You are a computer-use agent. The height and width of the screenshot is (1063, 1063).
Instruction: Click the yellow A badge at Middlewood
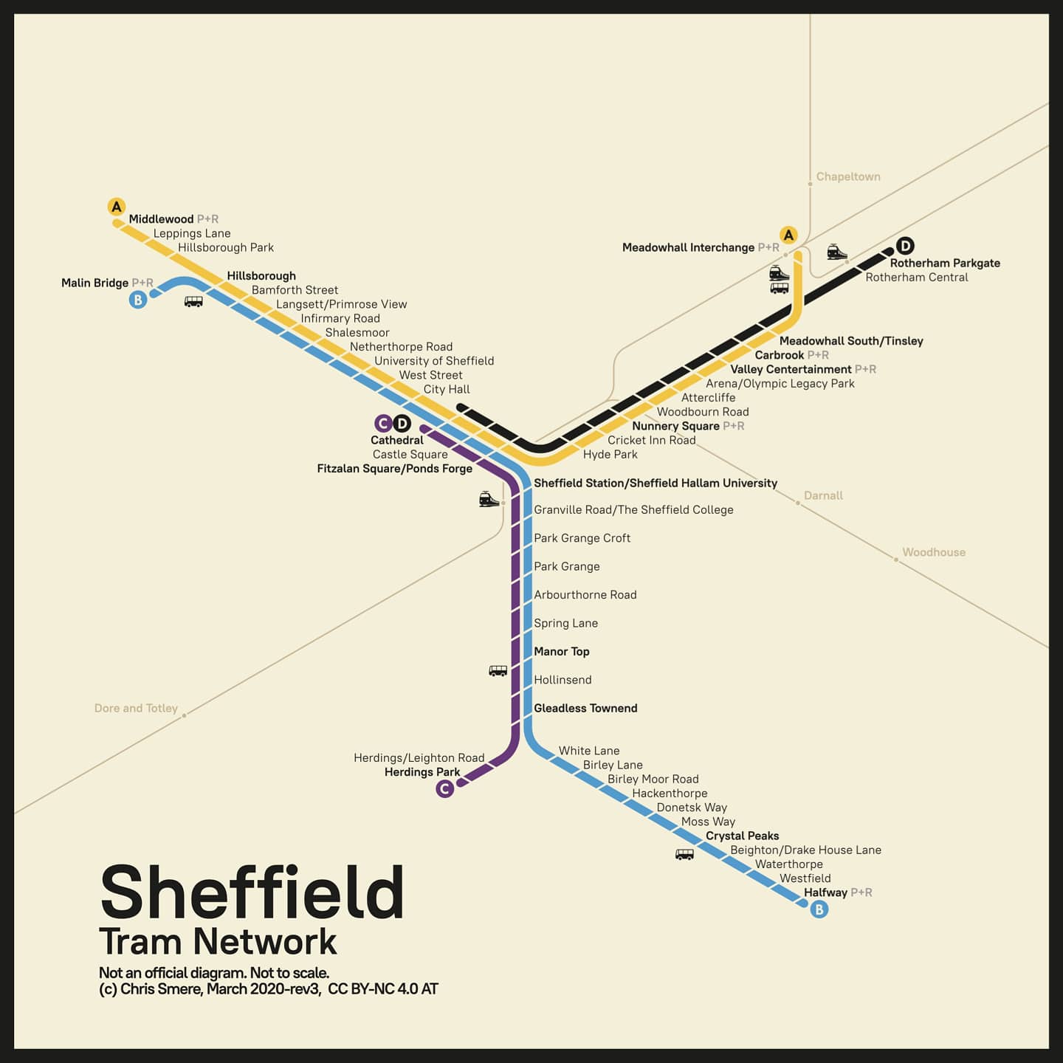pos(117,207)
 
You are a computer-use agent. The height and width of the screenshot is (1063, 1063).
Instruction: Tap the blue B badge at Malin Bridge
pos(138,300)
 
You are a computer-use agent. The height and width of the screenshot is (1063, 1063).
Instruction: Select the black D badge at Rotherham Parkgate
pos(905,246)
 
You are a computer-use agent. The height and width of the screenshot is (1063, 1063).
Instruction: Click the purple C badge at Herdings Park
pos(444,789)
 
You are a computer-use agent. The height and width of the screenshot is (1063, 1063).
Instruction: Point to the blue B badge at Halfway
pos(819,909)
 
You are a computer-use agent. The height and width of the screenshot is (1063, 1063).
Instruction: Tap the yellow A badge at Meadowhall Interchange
pos(788,235)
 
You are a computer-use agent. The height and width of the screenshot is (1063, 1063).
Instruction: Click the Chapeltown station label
pos(848,177)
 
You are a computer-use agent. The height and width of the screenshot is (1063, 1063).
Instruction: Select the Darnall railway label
pos(823,495)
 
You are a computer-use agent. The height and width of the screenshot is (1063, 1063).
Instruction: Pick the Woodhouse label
pos(933,552)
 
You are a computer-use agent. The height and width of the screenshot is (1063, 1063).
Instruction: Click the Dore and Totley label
pos(136,708)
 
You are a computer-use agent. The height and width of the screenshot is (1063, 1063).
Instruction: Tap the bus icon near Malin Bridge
pos(193,301)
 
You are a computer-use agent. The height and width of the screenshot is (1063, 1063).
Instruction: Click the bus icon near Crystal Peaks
pos(684,855)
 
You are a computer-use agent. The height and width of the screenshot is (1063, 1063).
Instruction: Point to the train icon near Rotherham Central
pos(836,252)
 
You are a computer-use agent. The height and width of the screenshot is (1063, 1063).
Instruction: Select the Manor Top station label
pos(561,651)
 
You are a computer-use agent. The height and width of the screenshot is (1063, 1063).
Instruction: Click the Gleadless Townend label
pos(585,708)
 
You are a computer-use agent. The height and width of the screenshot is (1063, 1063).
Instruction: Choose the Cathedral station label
pos(397,440)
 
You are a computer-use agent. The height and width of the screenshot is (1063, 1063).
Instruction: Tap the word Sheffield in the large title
pos(252,892)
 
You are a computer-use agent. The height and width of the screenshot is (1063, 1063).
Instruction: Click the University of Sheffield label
pos(434,361)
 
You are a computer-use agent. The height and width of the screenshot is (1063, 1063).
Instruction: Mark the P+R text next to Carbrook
pos(818,355)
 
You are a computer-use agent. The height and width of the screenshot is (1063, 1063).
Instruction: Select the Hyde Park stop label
pos(610,455)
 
